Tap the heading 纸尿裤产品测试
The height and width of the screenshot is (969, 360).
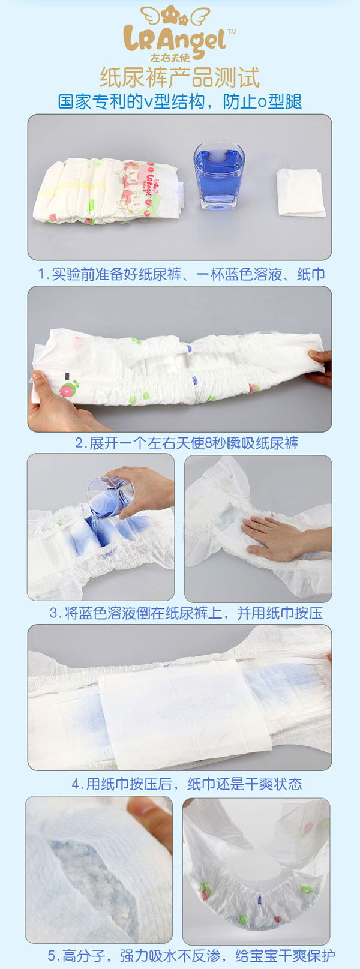tap(179, 78)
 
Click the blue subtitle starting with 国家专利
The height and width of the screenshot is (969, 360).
tap(179, 101)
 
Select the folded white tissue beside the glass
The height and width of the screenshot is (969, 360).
tap(301, 193)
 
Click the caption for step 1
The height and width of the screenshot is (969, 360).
tap(181, 274)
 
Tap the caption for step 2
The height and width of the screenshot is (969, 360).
tap(186, 443)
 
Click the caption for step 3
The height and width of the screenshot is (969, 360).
tap(186, 613)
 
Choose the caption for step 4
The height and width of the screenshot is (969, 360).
tap(187, 784)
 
